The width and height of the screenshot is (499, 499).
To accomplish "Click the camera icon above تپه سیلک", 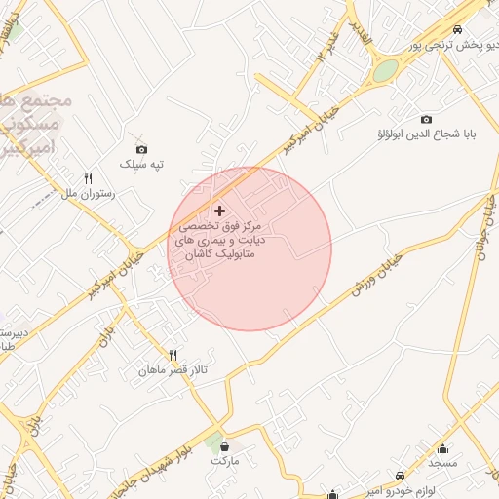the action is point(142,149).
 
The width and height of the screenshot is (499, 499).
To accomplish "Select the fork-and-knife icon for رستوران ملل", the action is point(89,179).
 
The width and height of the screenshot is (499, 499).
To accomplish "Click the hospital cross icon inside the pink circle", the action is point(219,211).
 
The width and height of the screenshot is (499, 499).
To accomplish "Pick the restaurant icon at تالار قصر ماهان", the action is point(173,356).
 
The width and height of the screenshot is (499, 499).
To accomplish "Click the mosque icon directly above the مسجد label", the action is point(443,449).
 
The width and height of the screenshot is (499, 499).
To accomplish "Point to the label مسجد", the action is point(443,464).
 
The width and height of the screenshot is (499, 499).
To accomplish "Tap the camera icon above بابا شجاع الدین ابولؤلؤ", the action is point(426,119).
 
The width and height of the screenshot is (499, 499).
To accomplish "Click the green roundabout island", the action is point(386,70).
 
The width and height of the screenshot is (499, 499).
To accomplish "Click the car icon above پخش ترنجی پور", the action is point(459,31).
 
